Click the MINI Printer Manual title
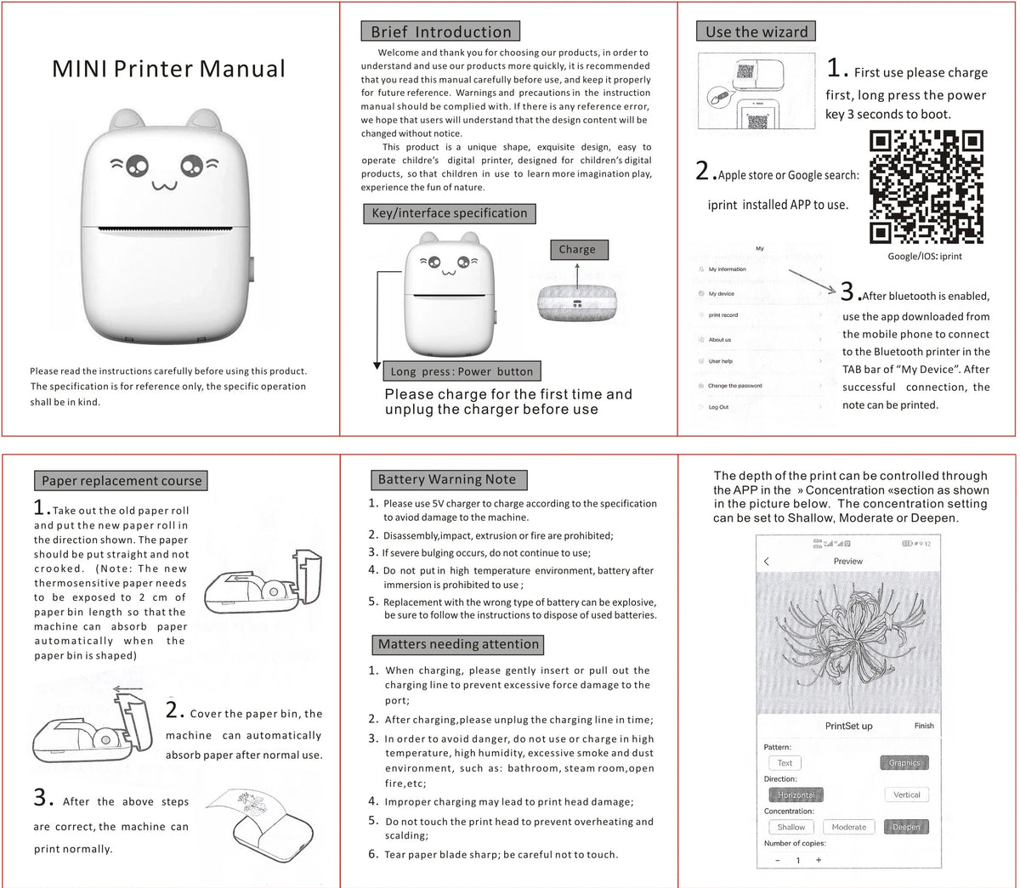pos(168,69)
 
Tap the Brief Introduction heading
pos(440,32)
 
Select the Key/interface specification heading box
pos(450,213)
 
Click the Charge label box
pos(577,250)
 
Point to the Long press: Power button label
pos(462,371)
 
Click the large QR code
pos(926,187)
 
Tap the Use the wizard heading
pos(756,32)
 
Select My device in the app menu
pos(722,294)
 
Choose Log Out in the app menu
pos(718,407)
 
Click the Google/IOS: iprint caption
pos(925,256)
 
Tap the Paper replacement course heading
pos(122,481)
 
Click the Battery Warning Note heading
pos(447,479)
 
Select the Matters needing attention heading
pos(458,644)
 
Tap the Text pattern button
pos(785,763)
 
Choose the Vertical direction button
pos(906,795)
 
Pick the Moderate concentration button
pos(848,827)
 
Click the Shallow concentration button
pos(790,827)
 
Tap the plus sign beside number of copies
pos(819,860)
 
